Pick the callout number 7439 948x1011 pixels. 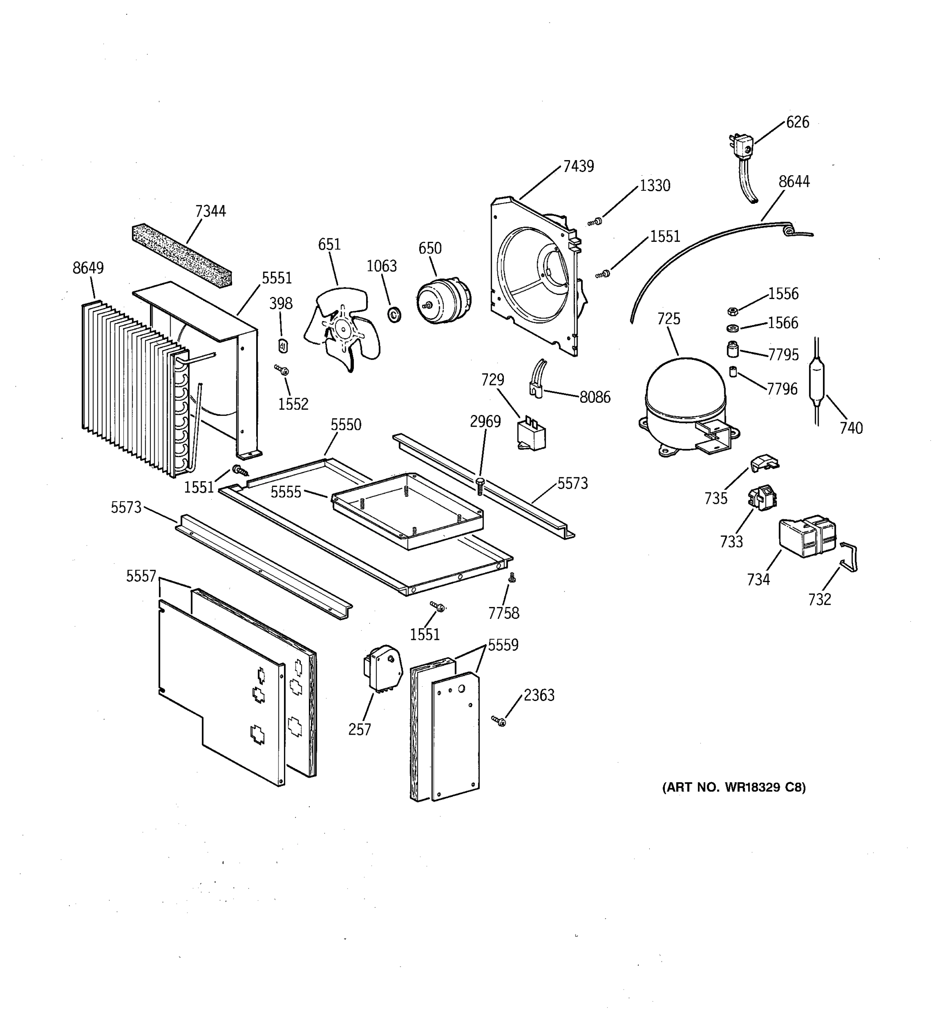click(578, 166)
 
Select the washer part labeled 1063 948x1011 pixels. click(394, 315)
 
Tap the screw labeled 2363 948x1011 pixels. click(500, 721)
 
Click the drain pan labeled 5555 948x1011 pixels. click(407, 511)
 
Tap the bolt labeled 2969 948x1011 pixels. click(479, 486)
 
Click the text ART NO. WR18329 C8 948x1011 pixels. click(734, 788)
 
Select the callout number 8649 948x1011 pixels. click(88, 268)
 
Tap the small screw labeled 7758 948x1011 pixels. click(512, 577)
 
